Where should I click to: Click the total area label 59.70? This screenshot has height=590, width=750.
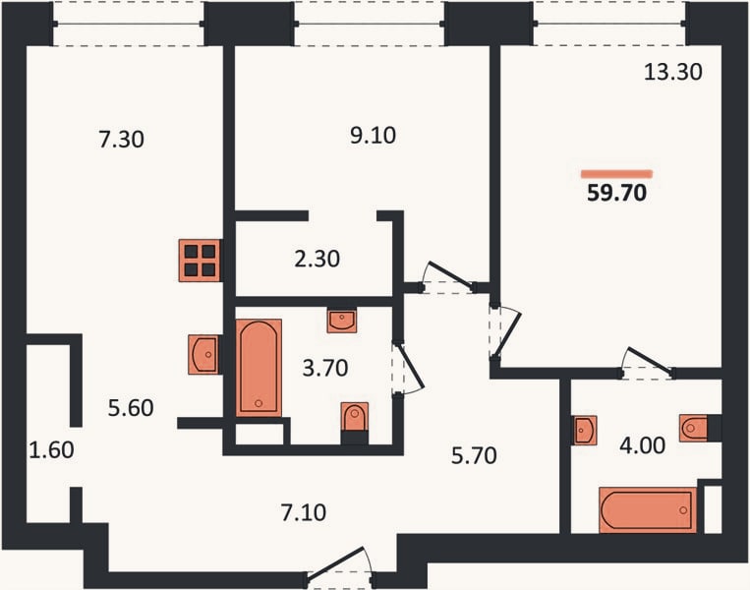[616, 193]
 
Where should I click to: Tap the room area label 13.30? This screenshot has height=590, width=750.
[673, 72]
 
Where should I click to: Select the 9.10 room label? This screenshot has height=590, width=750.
[374, 136]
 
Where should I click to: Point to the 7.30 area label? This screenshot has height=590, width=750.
[122, 140]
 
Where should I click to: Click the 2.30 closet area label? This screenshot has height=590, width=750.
[317, 259]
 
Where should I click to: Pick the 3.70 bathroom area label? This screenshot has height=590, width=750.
[325, 369]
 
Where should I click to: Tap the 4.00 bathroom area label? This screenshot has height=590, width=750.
[642, 445]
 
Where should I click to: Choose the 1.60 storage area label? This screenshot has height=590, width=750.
[52, 449]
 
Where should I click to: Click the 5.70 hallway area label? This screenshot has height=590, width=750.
[474, 455]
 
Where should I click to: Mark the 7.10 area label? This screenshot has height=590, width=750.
[304, 513]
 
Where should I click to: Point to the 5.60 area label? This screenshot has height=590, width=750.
[131, 408]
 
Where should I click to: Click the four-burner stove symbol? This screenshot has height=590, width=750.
[200, 261]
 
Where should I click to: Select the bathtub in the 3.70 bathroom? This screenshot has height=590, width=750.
[259, 368]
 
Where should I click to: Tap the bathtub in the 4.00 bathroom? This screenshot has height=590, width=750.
[648, 510]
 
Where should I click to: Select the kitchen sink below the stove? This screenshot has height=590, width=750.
[204, 355]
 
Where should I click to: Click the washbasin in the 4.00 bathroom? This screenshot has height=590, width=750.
[585, 430]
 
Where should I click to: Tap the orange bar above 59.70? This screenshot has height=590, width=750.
[617, 174]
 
